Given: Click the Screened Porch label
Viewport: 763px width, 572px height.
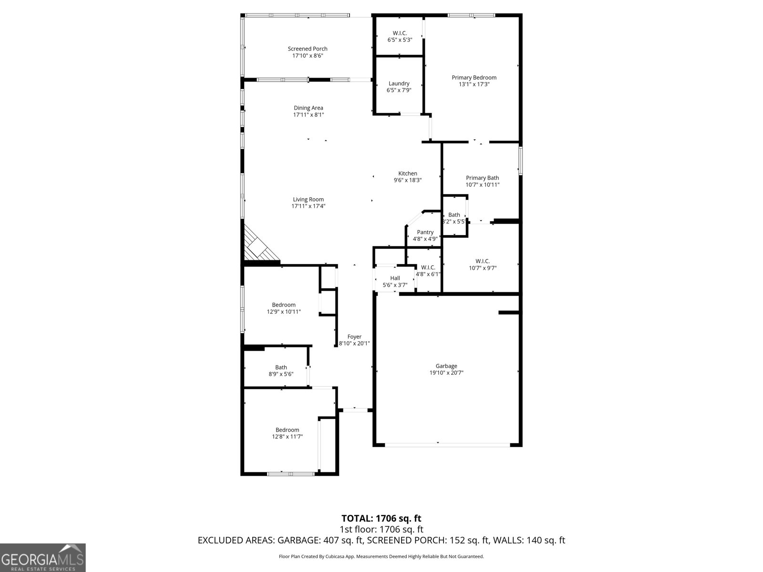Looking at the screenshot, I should [308, 49].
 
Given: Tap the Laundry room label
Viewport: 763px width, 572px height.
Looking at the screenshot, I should [399, 83].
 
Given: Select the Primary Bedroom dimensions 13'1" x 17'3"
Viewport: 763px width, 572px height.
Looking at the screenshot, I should [474, 84].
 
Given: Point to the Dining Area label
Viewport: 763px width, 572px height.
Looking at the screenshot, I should [308, 108].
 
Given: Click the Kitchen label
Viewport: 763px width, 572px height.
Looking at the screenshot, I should [408, 174].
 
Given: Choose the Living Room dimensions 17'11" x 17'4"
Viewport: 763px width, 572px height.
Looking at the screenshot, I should [308, 206].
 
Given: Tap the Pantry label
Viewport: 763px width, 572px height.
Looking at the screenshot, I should [425, 232].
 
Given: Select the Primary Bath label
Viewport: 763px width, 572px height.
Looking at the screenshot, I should [482, 178].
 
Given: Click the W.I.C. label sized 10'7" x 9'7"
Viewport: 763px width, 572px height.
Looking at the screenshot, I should [482, 261].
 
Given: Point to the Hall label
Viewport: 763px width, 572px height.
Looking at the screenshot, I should [395, 278].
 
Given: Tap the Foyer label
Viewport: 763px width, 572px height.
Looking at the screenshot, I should [354, 337].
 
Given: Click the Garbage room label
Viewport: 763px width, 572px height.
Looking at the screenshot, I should [446, 366].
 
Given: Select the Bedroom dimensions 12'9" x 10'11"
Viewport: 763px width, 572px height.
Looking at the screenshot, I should [283, 312].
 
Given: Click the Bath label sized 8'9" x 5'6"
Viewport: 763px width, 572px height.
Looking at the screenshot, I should [281, 368].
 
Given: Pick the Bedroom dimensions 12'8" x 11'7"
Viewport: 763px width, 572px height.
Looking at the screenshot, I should [287, 437].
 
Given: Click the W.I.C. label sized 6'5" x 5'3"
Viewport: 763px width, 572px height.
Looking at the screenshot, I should [400, 33].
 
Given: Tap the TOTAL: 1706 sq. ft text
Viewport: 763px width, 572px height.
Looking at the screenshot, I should [381, 518].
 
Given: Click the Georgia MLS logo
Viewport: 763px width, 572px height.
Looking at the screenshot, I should [42, 557].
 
